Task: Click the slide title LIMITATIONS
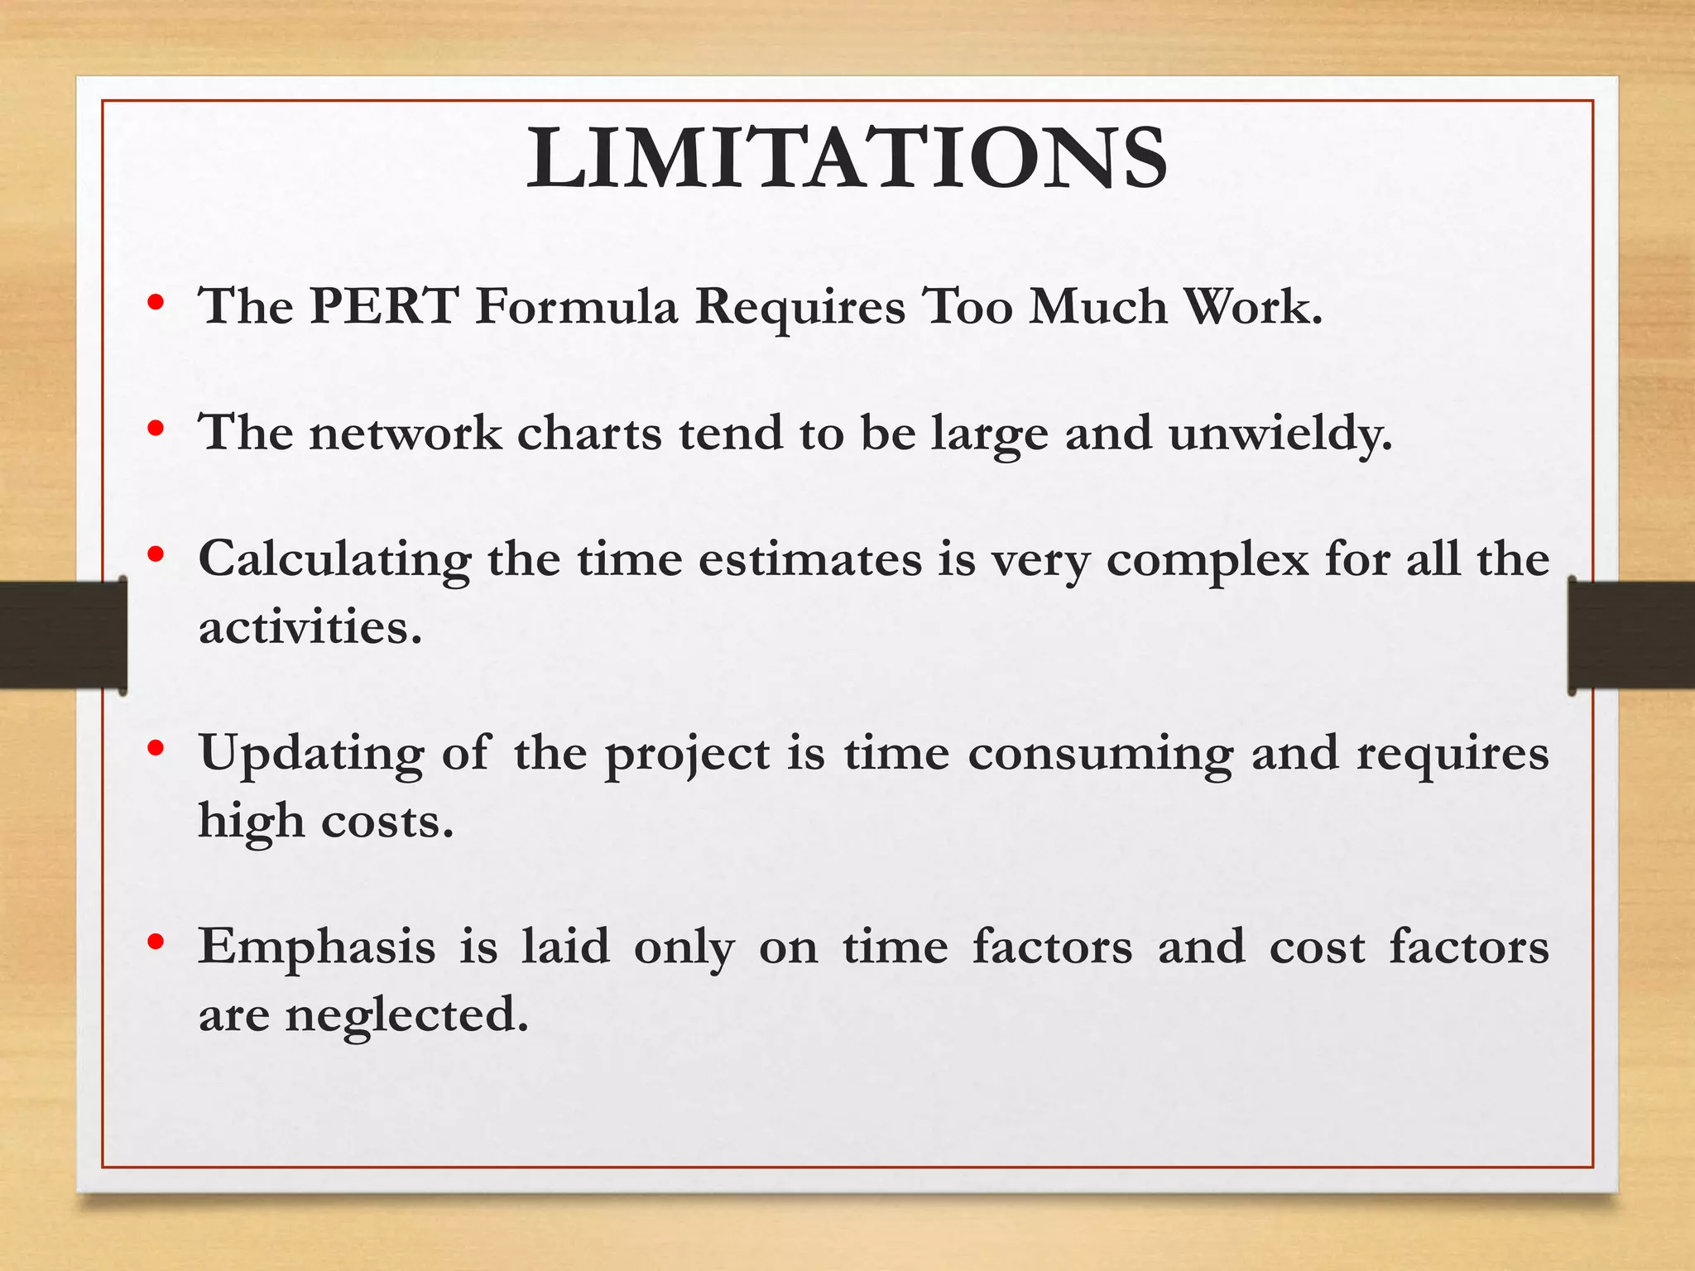pyautogui.click(x=847, y=159)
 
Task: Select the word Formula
pyautogui.click(x=577, y=306)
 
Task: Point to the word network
pyautogui.click(x=405, y=433)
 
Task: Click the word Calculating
pyautogui.click(x=334, y=561)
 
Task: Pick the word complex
pyautogui.click(x=1208, y=561)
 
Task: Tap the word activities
pyautogui.click(x=310, y=627)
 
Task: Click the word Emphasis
pyautogui.click(x=316, y=947)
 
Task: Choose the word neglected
pyautogui.click(x=406, y=1015)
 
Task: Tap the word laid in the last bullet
pyautogui.click(x=565, y=947)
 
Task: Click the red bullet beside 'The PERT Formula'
pyautogui.click(x=155, y=303)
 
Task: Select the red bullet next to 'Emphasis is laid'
pyautogui.click(x=155, y=942)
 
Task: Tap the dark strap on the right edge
pyautogui.click(x=1632, y=635)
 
